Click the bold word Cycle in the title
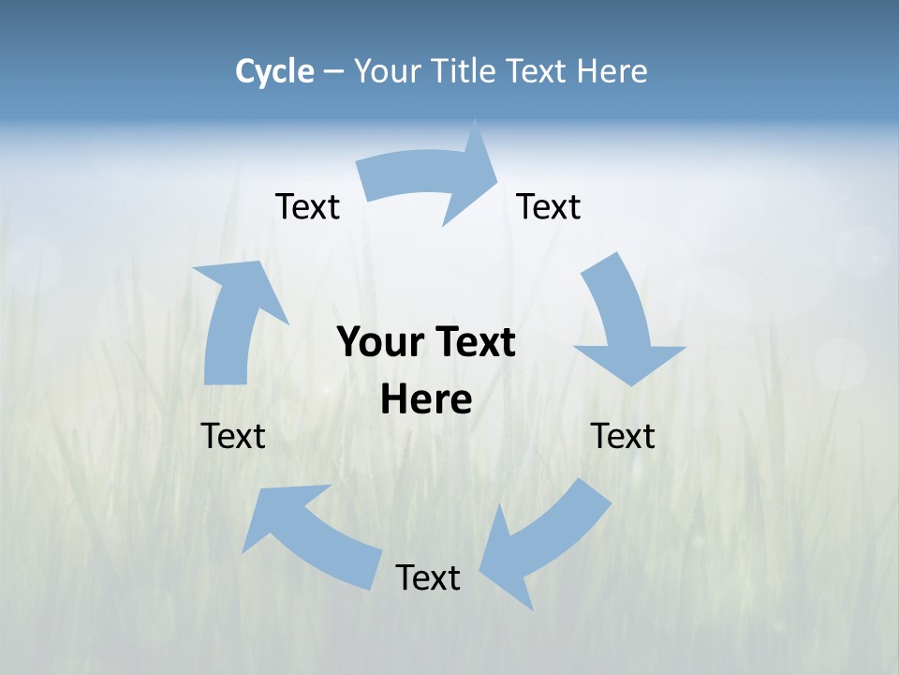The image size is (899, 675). tap(274, 71)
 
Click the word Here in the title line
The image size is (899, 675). tap(611, 71)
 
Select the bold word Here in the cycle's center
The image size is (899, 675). tap(426, 400)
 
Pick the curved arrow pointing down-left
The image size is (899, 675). tap(543, 544)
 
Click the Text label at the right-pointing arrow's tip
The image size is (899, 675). tap(549, 206)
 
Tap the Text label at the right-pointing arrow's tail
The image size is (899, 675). tap(307, 206)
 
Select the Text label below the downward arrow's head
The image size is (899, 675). tap(623, 436)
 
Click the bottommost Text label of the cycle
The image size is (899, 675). tap(428, 577)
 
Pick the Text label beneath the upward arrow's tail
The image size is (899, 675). tap(233, 436)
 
